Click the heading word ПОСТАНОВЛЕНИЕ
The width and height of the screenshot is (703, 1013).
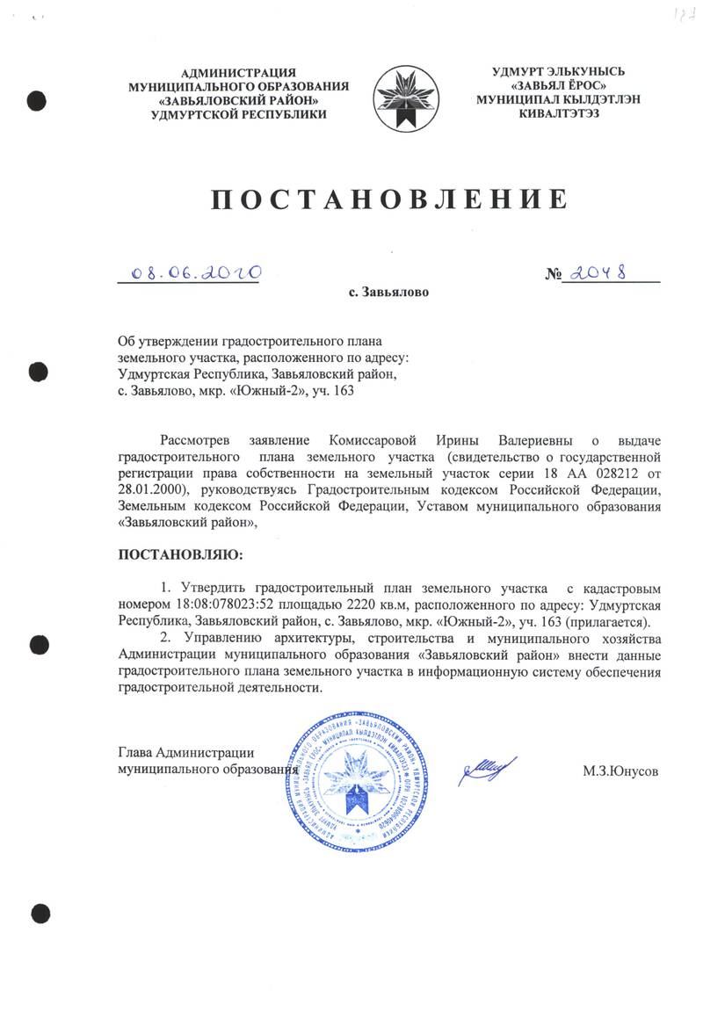coord(387,199)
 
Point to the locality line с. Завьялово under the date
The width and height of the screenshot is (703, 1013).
coord(389,291)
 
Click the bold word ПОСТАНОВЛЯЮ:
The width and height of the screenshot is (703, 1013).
coord(178,555)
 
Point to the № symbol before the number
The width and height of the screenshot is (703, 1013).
coord(554,275)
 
